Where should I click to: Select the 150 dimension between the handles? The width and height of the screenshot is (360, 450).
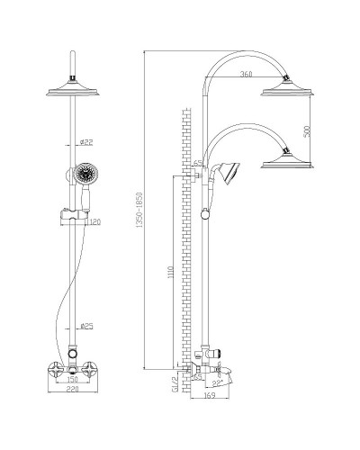[72, 379]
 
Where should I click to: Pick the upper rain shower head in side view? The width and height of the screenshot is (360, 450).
[288, 87]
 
